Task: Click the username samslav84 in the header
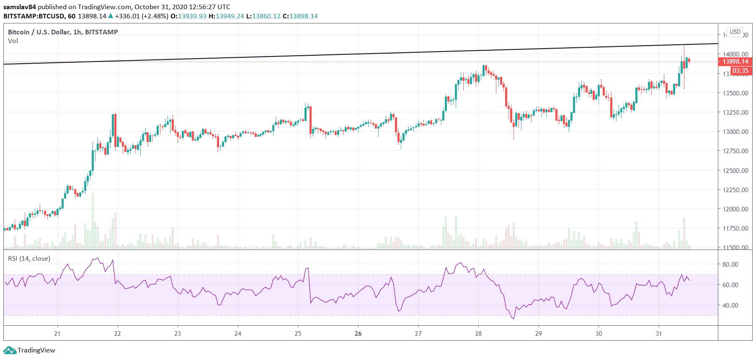(x=20, y=7)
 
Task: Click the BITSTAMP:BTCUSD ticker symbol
(x=34, y=16)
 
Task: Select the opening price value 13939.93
(x=192, y=16)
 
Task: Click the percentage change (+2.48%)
(x=155, y=16)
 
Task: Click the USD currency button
(x=735, y=32)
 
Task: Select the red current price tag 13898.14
(x=735, y=62)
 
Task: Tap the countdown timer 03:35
(x=740, y=71)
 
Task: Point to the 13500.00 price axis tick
(x=735, y=93)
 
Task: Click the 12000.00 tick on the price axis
(x=735, y=209)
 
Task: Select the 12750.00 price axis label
(x=735, y=151)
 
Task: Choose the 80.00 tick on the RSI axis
(x=730, y=264)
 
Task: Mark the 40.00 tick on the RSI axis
(x=730, y=305)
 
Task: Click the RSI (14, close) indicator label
(x=29, y=259)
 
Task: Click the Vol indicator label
(x=13, y=41)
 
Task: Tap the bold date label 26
(x=358, y=334)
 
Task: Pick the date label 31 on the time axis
(x=659, y=334)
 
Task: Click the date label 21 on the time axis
(x=57, y=334)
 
